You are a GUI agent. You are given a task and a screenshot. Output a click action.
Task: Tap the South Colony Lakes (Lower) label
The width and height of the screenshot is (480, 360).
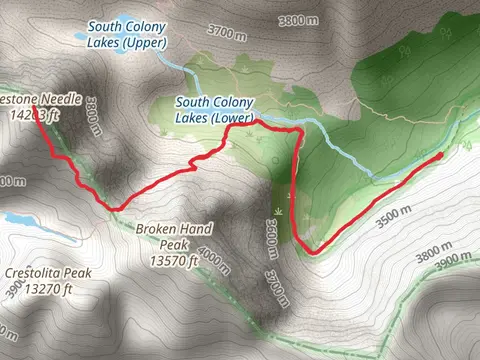point(215,110)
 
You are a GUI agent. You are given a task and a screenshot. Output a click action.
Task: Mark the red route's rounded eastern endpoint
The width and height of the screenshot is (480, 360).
point(439,156)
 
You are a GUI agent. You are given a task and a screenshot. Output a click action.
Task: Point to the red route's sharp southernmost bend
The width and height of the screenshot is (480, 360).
point(311,252)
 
